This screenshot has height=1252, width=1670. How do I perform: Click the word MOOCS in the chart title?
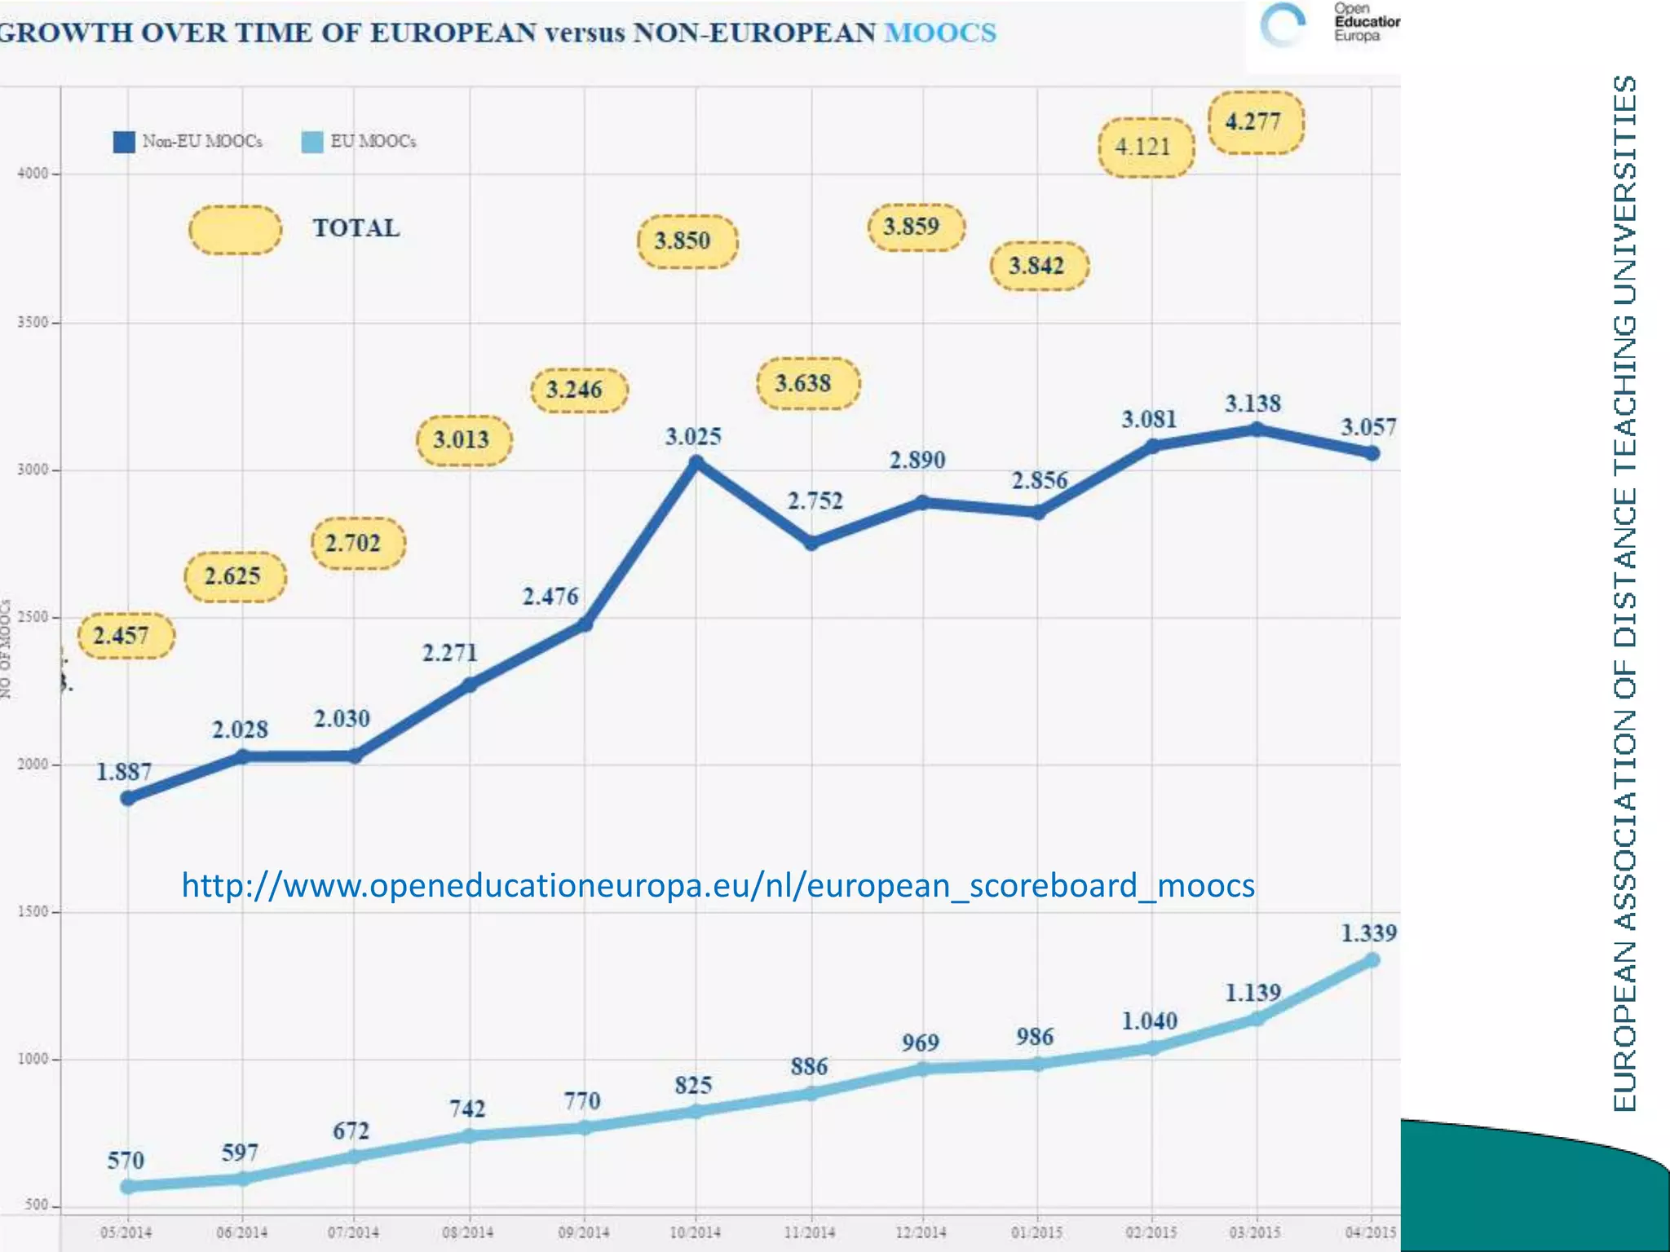pyautogui.click(x=940, y=33)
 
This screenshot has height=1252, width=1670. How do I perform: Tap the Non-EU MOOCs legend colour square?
pyautogui.click(x=124, y=142)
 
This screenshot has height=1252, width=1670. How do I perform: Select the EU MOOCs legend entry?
pyautogui.click(x=359, y=142)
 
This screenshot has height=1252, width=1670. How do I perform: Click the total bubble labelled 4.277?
pyautogui.click(x=1255, y=122)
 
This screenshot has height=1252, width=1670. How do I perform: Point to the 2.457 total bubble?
pyautogui.click(x=126, y=635)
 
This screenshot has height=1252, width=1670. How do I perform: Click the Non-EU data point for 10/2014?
pyautogui.click(x=696, y=463)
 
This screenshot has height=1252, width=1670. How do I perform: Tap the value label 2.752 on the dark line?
pyautogui.click(x=815, y=500)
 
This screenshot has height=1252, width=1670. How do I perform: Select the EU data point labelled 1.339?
pyautogui.click(x=1372, y=960)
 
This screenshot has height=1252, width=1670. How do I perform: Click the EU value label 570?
pyautogui.click(x=126, y=1160)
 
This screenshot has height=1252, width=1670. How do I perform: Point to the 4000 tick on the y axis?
pyautogui.click(x=33, y=174)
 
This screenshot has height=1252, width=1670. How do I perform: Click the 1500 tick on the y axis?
pyautogui.click(x=33, y=912)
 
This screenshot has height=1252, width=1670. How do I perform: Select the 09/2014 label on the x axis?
pyautogui.click(x=583, y=1232)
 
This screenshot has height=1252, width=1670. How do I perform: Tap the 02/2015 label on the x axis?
pyautogui.click(x=1151, y=1232)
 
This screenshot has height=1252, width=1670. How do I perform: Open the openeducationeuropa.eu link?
pyautogui.click(x=718, y=885)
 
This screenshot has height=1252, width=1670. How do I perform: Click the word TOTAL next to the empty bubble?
pyautogui.click(x=356, y=228)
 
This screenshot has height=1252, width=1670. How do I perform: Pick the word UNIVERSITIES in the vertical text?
pyautogui.click(x=1624, y=192)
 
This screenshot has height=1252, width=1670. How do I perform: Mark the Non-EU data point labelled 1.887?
pyautogui.click(x=128, y=798)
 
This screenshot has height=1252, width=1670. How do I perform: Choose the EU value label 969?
pyautogui.click(x=920, y=1043)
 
